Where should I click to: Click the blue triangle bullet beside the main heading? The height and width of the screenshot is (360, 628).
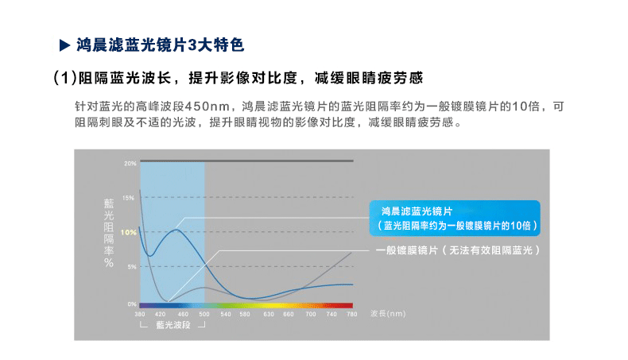[64, 45]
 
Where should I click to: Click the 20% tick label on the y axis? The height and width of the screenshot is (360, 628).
[130, 164]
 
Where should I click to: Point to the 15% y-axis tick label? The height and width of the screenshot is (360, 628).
[129, 198]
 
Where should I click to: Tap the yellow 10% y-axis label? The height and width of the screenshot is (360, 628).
[129, 232]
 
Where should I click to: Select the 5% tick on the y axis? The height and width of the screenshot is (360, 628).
[132, 267]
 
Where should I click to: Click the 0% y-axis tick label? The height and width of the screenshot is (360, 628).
[132, 304]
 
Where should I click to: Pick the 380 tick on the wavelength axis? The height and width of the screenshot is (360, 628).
[140, 315]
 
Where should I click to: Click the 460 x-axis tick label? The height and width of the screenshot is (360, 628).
[183, 315]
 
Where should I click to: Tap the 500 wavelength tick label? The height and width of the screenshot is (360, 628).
[204, 315]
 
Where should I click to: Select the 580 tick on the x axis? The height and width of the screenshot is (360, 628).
[245, 315]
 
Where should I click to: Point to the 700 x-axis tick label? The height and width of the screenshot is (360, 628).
[311, 315]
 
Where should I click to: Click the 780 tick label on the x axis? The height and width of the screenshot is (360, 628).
[352, 315]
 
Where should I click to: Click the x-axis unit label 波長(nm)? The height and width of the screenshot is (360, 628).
[388, 314]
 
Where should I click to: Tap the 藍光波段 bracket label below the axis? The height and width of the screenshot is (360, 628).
[173, 325]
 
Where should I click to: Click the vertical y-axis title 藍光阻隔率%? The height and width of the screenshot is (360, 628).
[109, 233]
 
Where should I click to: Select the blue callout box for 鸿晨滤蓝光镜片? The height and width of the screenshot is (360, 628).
[455, 218]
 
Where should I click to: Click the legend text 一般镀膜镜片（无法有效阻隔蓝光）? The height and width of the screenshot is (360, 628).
[458, 250]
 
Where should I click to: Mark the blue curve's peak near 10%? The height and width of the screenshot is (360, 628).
[176, 230]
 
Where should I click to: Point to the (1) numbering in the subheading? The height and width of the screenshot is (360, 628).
[65, 78]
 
